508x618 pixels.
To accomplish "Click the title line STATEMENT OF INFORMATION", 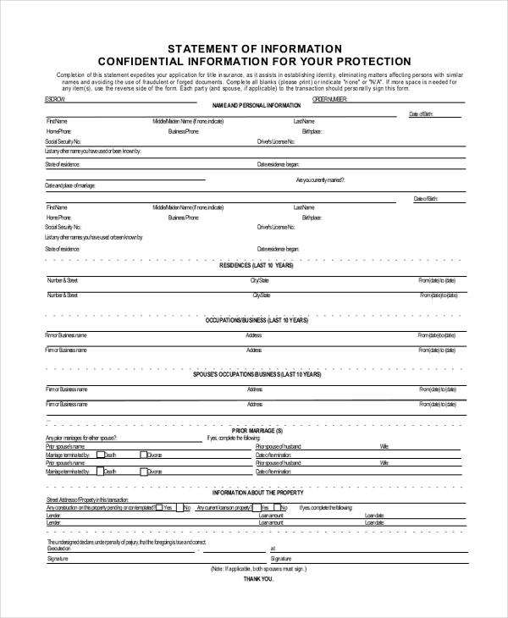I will point(254,48).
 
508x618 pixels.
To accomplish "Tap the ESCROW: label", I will point(55,99).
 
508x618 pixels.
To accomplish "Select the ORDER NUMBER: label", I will point(330,99).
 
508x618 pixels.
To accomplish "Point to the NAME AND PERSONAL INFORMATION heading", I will point(256,105).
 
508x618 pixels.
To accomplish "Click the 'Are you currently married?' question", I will point(320,180).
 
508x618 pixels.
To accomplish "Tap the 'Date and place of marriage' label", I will point(70,185).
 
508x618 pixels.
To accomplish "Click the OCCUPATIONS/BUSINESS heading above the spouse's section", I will point(257,321).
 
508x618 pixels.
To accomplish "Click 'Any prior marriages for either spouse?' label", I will point(81,438).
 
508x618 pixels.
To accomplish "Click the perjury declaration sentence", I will point(127,541).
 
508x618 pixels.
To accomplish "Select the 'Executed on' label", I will point(59,549).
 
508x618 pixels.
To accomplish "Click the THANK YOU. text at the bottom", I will point(258,579).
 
